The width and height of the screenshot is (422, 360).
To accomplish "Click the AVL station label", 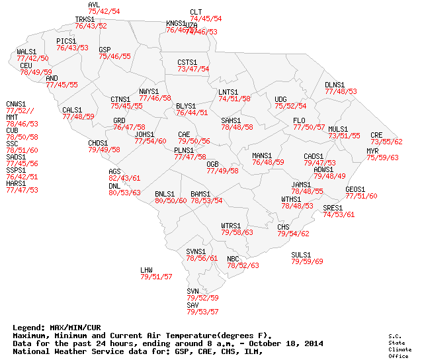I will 94,5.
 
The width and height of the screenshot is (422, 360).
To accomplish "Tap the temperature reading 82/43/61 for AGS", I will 124,179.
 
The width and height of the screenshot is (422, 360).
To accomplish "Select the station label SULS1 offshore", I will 301,255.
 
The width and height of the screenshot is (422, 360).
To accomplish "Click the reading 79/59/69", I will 308,262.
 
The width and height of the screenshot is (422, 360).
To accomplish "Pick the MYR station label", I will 372,151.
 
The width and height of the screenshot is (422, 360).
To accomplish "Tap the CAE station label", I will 184,134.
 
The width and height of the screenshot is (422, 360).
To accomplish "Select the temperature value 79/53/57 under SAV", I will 202,312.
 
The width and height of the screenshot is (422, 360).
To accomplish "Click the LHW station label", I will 146,270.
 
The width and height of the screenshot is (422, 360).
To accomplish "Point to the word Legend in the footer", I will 27,328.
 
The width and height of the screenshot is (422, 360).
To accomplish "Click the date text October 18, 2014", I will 286,343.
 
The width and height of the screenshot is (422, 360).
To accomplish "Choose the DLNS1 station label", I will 335,85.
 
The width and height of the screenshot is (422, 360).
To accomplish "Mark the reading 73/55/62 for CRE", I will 386,142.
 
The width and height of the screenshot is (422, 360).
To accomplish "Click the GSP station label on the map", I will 105,50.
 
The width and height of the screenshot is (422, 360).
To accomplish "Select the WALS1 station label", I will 26,52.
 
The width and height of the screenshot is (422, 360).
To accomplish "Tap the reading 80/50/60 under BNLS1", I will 171,201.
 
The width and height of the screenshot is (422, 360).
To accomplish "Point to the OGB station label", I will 212,163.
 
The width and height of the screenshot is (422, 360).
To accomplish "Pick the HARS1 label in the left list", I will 16,183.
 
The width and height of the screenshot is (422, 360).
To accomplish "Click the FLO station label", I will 299,120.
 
